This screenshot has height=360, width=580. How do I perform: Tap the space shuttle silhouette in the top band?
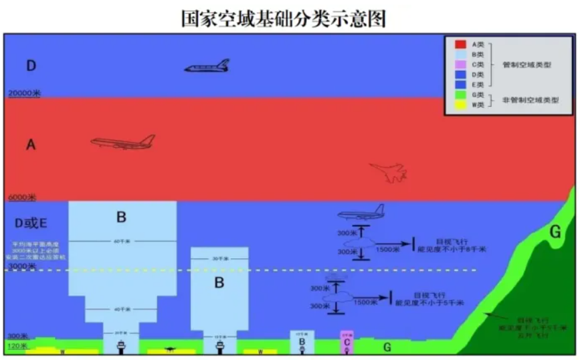pos(207,66)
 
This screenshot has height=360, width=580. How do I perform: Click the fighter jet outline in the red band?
pos(388,173)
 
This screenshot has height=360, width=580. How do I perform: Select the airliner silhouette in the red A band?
pos(123,142)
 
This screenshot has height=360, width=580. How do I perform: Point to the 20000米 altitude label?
pos(24,94)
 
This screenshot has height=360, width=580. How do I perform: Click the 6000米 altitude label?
pos(21,198)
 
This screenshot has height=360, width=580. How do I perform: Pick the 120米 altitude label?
pos(17,346)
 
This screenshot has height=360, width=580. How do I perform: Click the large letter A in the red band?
pos(30,145)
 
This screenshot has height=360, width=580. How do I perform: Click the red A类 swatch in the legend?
pos(460,44)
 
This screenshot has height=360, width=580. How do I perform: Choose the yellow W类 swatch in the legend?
pos(460,106)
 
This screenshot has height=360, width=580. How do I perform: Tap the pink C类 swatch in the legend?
pos(460,65)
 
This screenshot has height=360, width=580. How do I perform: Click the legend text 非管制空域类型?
pos(530,100)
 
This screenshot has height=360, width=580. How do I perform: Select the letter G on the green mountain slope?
pos(555,232)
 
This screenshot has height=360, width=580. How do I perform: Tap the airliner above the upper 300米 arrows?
pos(361,213)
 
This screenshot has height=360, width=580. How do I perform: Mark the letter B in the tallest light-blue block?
pos(121,217)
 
